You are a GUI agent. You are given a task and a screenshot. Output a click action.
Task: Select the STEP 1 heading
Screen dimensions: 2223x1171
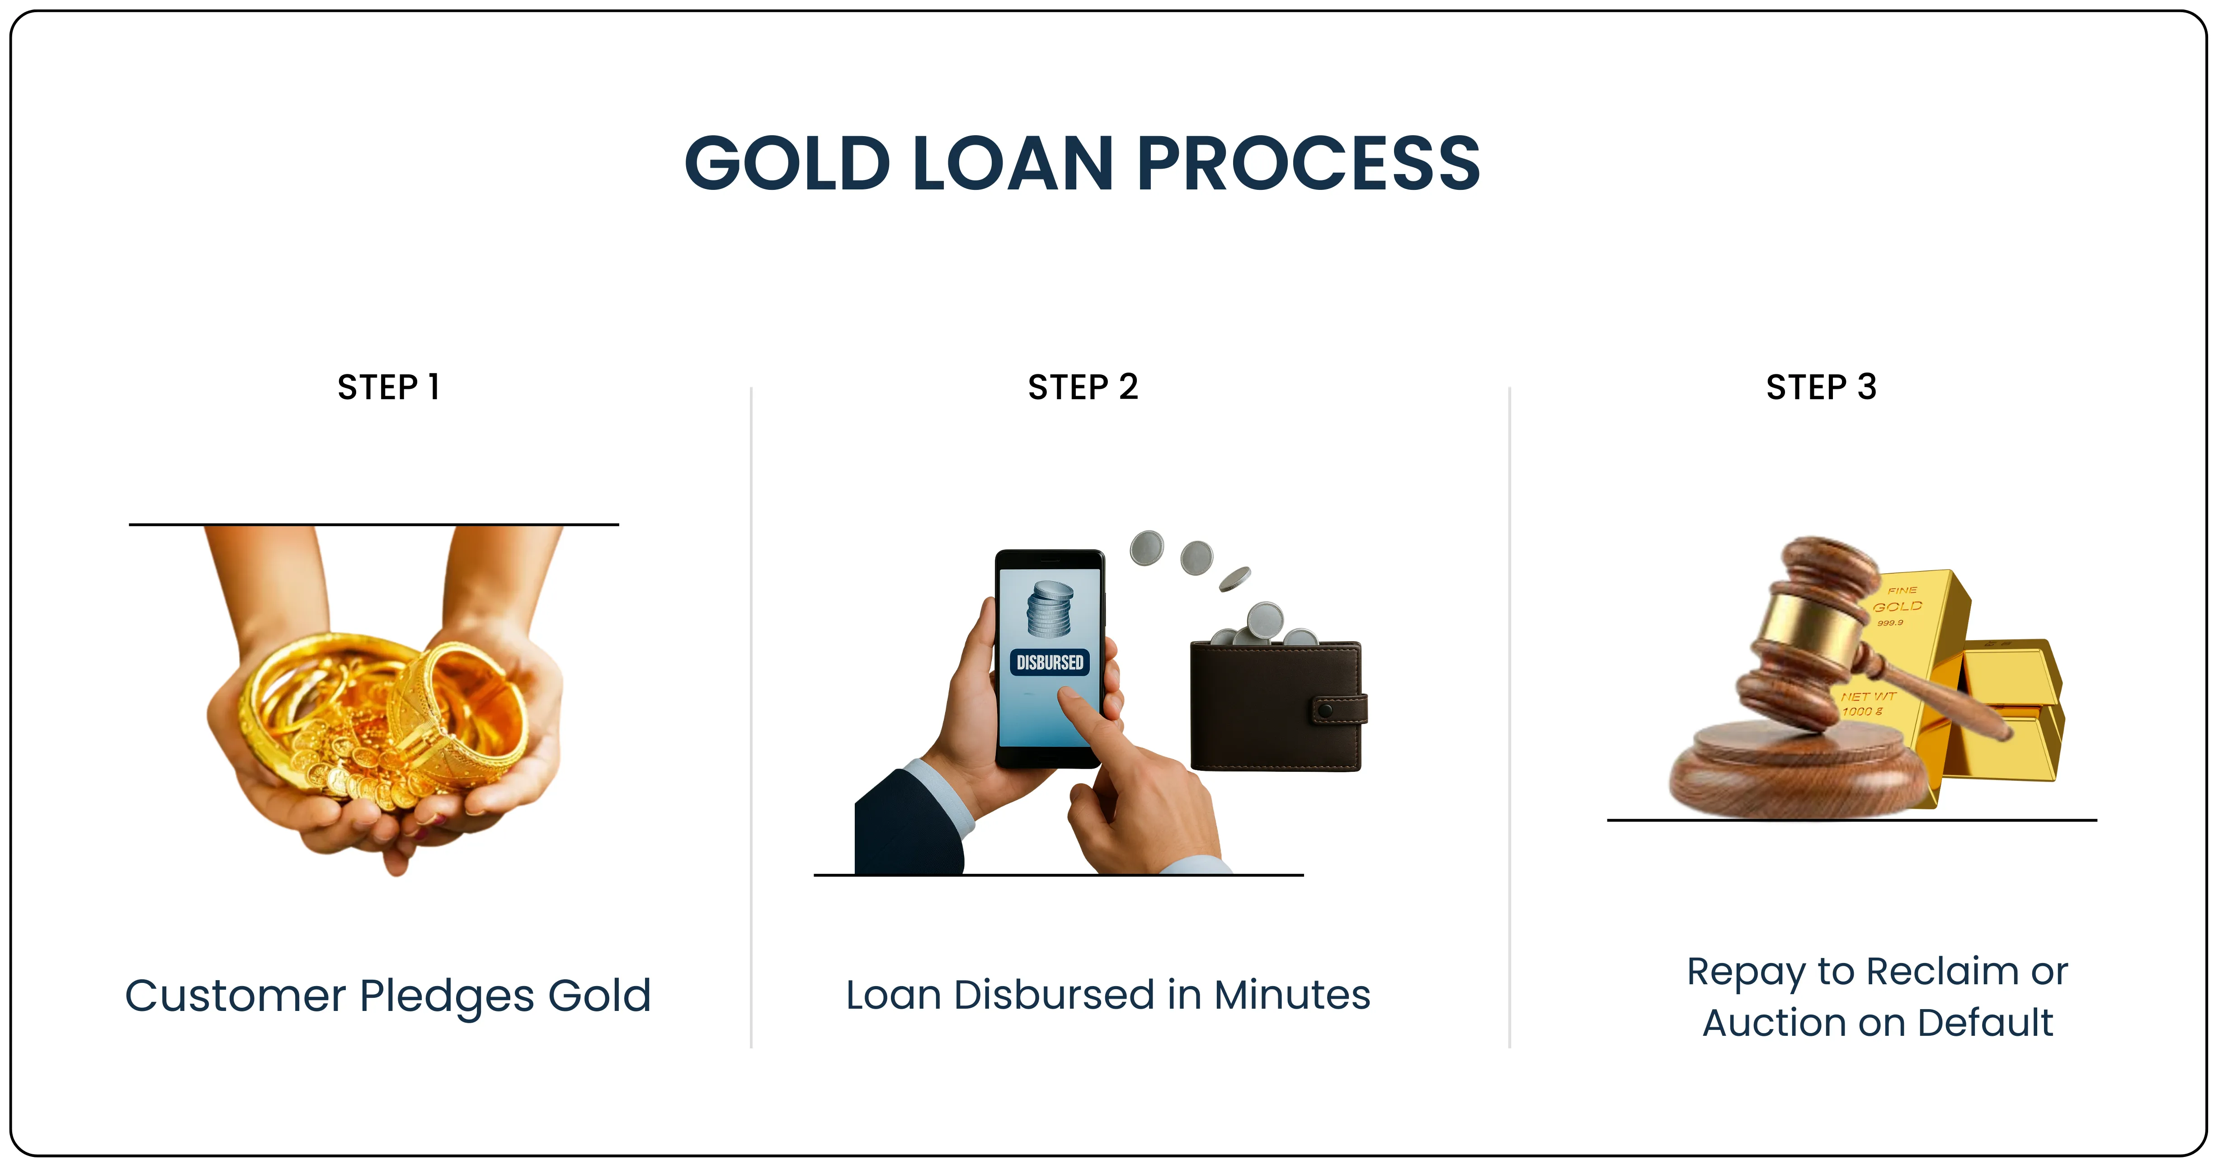pyautogui.click(x=388, y=387)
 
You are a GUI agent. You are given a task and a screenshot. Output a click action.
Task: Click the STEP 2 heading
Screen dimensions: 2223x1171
pyautogui.click(x=1083, y=387)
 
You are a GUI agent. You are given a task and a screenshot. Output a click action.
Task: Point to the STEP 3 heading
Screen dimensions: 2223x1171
pyautogui.click(x=1821, y=387)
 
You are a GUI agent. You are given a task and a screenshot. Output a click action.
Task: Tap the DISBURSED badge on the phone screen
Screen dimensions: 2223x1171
pyautogui.click(x=1050, y=663)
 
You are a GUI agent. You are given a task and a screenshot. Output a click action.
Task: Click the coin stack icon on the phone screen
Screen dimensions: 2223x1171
pyautogui.click(x=1050, y=609)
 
